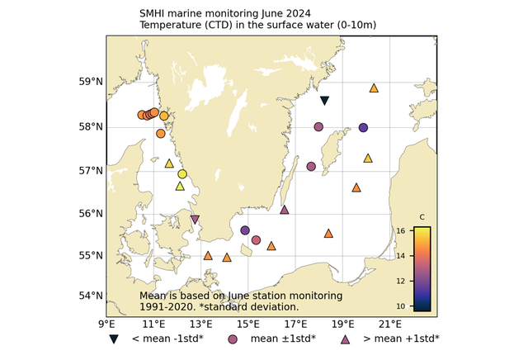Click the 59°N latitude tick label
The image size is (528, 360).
point(90,82)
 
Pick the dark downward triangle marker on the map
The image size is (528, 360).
point(324,101)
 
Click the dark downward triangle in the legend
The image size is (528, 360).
point(114,339)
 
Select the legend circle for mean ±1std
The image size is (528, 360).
point(233,339)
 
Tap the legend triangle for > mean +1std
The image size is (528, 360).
point(346,339)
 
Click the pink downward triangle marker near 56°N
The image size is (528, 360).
point(195,220)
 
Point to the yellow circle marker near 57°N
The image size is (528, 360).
point(182,173)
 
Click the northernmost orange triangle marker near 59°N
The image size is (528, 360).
point(374,88)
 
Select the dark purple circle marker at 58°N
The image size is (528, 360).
point(363,128)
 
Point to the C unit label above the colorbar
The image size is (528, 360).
point(422,217)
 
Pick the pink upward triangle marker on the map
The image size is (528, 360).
point(285,210)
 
